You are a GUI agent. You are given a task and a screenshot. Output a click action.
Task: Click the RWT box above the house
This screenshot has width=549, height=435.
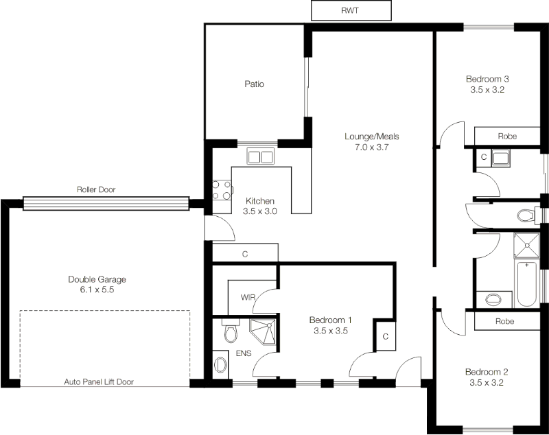(x=351, y=11)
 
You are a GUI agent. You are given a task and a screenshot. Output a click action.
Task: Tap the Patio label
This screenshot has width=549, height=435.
(x=255, y=84)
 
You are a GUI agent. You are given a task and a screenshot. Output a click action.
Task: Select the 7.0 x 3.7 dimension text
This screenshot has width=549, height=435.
(x=371, y=147)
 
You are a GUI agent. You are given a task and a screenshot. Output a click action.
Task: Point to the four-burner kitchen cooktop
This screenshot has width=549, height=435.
(x=222, y=189)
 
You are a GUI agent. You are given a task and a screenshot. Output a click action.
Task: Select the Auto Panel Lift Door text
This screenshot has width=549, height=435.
(x=99, y=381)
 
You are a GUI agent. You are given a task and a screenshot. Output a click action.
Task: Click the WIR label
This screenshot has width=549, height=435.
(x=248, y=298)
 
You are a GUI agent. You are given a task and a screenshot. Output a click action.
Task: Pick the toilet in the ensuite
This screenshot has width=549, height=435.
(x=231, y=333)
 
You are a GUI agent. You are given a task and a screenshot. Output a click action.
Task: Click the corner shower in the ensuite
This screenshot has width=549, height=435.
(x=263, y=332)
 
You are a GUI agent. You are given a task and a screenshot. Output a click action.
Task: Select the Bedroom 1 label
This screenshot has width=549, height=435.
(x=330, y=320)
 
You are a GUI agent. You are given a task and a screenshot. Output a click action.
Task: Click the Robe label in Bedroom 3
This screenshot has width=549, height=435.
(x=507, y=137)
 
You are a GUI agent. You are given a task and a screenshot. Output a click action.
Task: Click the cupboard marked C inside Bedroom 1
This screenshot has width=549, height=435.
(x=386, y=337)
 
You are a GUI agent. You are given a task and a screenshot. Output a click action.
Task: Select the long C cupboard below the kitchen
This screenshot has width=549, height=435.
(x=244, y=253)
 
